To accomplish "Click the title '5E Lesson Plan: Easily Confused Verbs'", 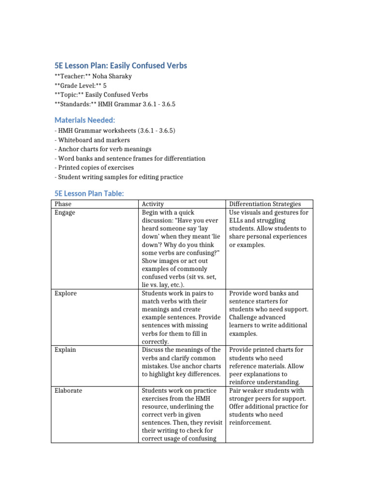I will click(120, 65).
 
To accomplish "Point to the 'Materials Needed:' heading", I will click(85, 120).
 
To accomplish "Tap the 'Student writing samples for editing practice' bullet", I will click(118, 177).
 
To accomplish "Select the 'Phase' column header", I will click(63, 205).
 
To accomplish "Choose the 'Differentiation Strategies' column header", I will click(265, 205).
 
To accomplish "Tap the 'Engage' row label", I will click(65, 213).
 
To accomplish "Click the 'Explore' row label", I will click(66, 293).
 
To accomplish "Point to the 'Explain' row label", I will click(65, 350).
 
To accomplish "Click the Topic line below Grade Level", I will click(101, 95).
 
